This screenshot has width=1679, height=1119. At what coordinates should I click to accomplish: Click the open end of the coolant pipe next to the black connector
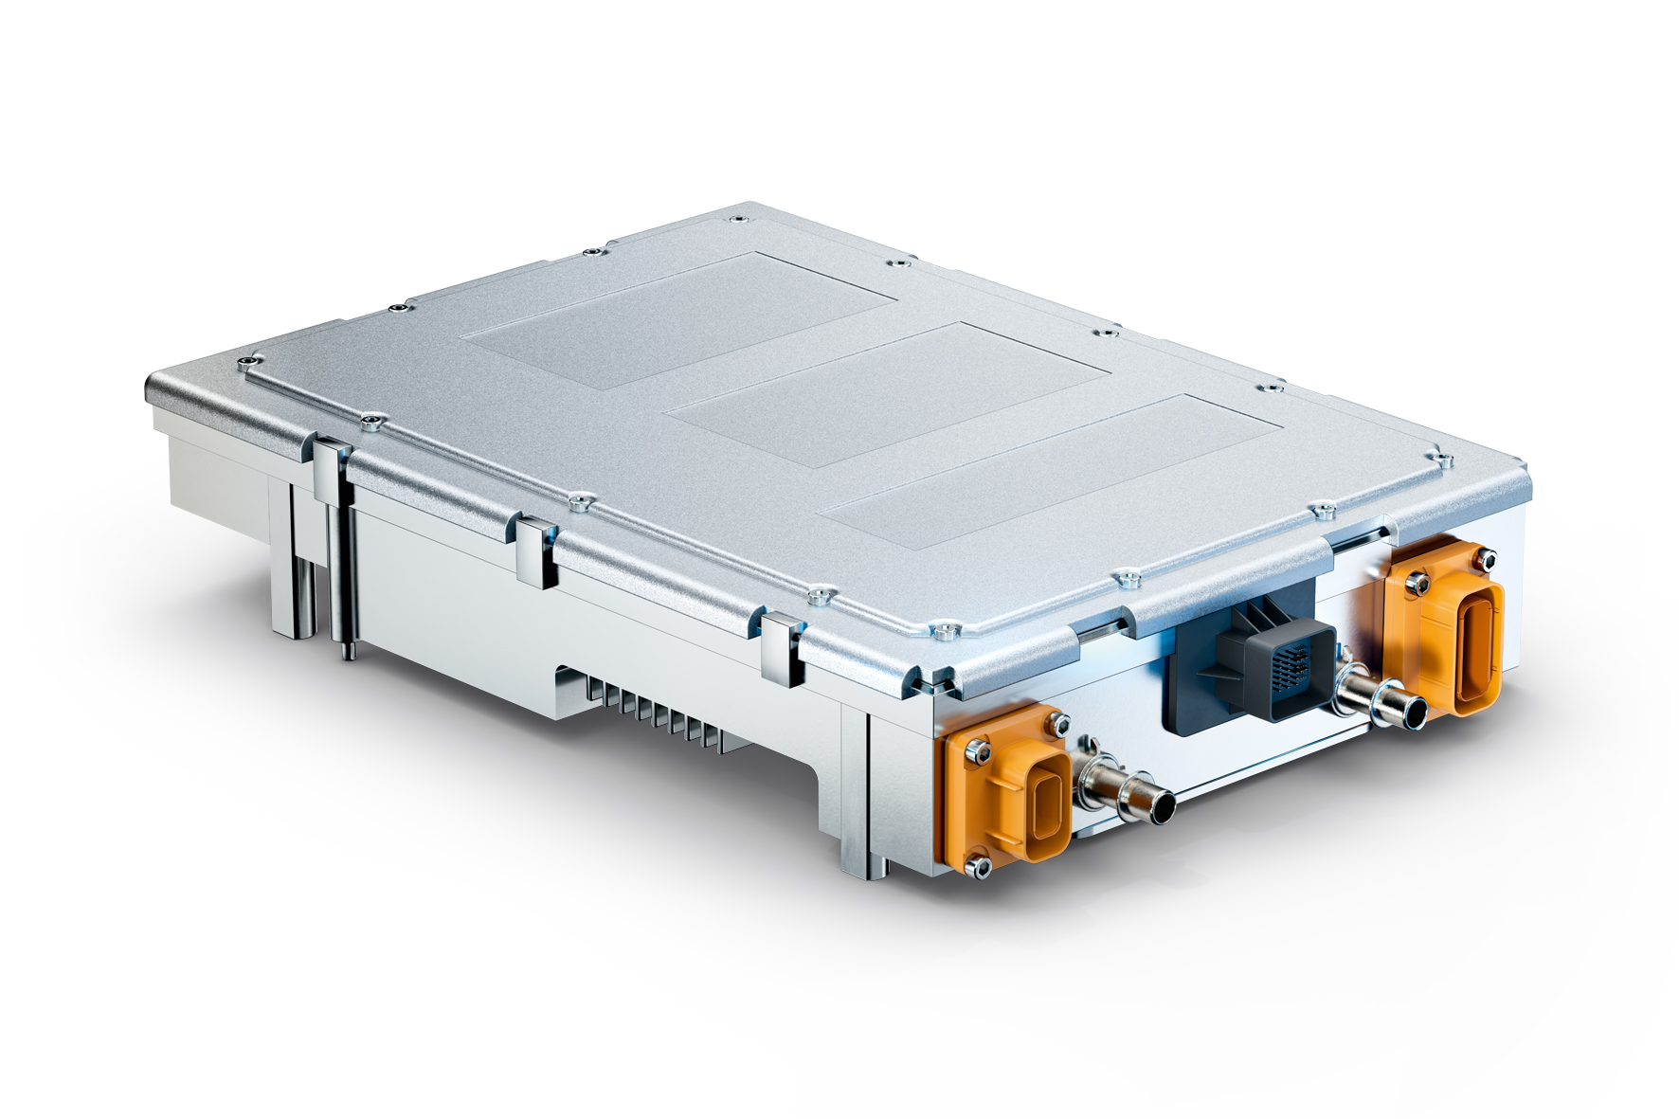point(1414,713)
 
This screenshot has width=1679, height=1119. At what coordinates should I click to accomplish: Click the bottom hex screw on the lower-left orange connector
point(978,864)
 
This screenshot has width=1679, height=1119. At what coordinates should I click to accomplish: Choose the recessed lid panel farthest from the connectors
point(679,319)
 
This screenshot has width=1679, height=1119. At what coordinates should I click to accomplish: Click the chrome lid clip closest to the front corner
point(782,648)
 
